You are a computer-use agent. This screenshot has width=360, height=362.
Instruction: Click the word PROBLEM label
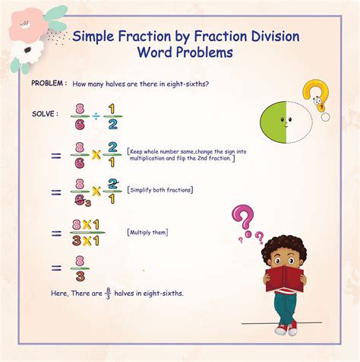click(x=48, y=82)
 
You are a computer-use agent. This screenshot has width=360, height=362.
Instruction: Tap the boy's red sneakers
click(x=286, y=328)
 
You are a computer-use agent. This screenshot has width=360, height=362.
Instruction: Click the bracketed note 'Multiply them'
click(x=148, y=232)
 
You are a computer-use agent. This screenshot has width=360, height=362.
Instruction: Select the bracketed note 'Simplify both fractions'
click(x=160, y=189)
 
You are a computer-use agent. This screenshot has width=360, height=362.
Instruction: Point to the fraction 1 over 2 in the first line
click(x=112, y=116)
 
